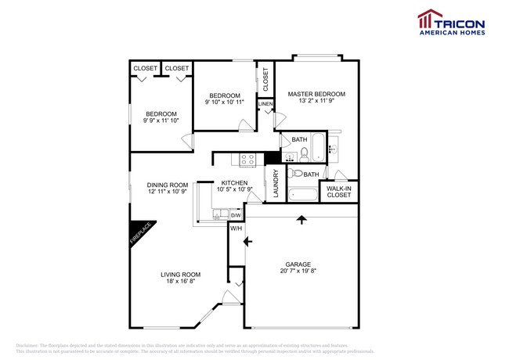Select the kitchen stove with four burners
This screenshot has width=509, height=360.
coord(248,159)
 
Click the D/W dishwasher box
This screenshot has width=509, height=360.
coord(235,214)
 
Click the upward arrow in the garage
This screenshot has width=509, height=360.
coord(301,221)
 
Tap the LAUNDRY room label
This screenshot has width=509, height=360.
coord(275,185)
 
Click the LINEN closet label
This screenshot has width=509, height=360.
coord(265,104)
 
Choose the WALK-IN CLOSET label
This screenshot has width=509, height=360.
coord(339,192)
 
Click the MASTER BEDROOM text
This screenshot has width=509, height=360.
coord(316,94)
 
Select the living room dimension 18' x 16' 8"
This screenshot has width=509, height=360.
coord(181,282)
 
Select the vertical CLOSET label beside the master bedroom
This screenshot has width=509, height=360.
coord(265,79)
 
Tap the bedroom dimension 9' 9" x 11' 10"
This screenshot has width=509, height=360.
coord(160,121)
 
